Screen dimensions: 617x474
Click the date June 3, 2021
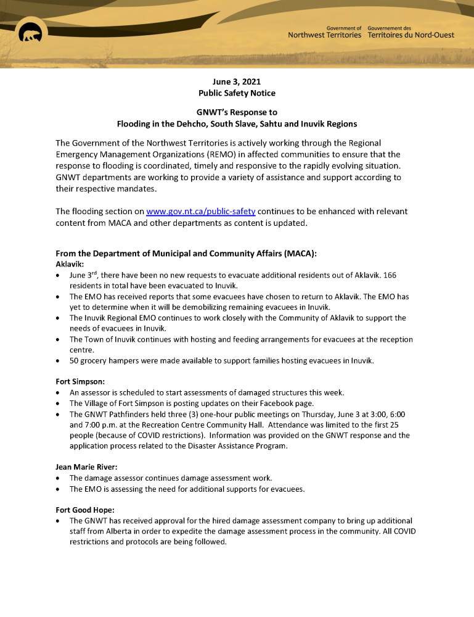(x=237, y=81)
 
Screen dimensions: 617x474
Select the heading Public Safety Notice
(x=237, y=93)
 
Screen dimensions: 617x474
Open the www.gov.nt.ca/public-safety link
(x=200, y=212)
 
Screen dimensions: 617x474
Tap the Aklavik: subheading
(x=70, y=264)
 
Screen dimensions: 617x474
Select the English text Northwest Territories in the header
(x=325, y=36)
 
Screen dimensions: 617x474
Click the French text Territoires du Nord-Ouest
(x=411, y=36)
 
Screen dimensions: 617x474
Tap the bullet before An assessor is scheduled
(x=58, y=393)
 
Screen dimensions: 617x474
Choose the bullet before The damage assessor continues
(x=58, y=479)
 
